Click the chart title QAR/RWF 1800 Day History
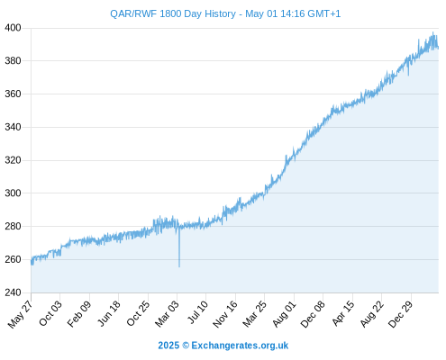pyautogui.click(x=173, y=13)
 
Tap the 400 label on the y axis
pyautogui.click(x=13, y=28)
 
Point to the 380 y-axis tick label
pyautogui.click(x=13, y=61)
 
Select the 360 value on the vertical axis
pyautogui.click(x=13, y=94)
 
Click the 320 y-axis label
pyautogui.click(x=13, y=160)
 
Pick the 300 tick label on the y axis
pyautogui.click(x=13, y=193)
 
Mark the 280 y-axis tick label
pyautogui.click(x=13, y=226)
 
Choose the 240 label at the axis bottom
pyautogui.click(x=13, y=292)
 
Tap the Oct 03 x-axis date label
pyautogui.click(x=50, y=313)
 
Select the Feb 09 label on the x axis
pyautogui.click(x=79, y=314)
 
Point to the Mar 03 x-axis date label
pyautogui.click(x=167, y=314)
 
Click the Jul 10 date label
pyautogui.click(x=198, y=312)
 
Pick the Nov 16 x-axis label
pyautogui.click(x=225, y=314)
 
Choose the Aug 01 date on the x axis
pyautogui.click(x=284, y=314)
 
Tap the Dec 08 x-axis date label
pyautogui.click(x=313, y=314)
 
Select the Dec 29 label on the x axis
pyautogui.click(x=401, y=314)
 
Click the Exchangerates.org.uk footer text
pyautogui.click(x=240, y=346)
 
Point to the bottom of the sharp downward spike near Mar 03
pyautogui.click(x=179, y=266)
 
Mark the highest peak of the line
pyautogui.click(x=432, y=32)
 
